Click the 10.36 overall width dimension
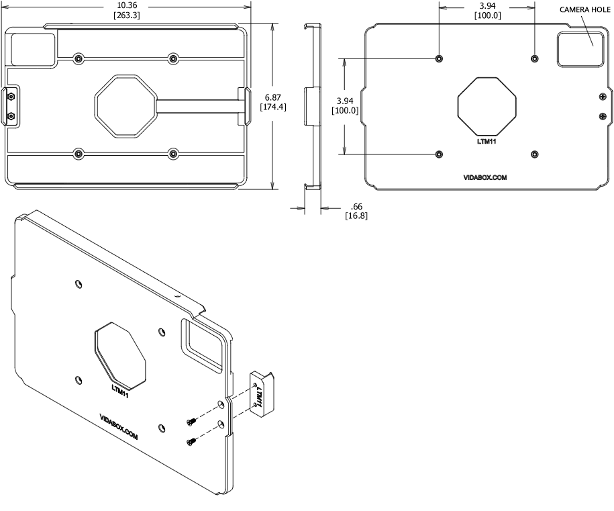tap(127, 5)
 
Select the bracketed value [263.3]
tap(127, 15)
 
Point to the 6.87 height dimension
tap(272, 97)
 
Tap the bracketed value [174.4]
tap(272, 107)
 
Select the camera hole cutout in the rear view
tap(578, 50)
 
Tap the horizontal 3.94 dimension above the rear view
tap(487, 6)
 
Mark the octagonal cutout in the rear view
tap(487, 105)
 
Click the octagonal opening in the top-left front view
tap(125, 105)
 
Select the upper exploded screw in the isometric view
tap(191, 420)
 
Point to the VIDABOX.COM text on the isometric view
tap(119, 426)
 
